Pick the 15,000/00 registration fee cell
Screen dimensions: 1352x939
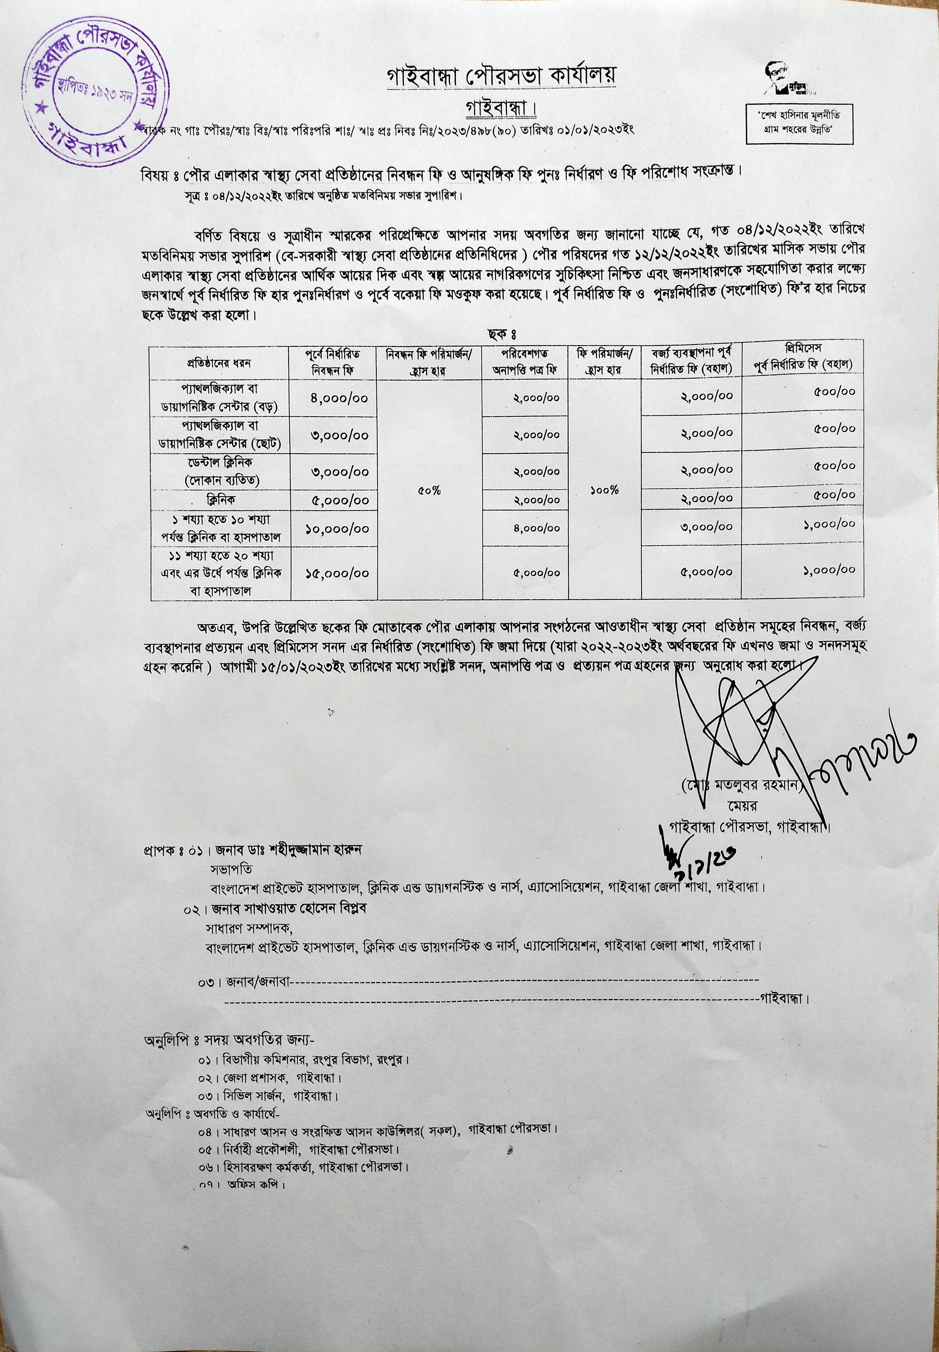337,572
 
